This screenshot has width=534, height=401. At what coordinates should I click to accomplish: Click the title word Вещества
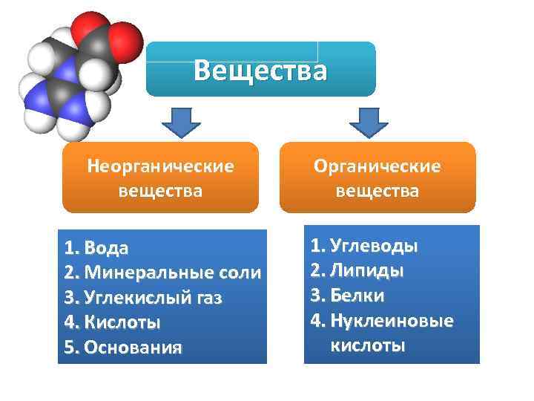coord(260,71)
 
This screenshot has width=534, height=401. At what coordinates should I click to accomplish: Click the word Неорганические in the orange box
coord(160,166)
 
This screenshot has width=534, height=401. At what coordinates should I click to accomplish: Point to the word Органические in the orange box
coord(378,166)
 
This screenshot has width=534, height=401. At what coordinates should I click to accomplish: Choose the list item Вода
coord(106,247)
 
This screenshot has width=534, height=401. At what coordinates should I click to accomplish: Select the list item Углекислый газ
coord(153,298)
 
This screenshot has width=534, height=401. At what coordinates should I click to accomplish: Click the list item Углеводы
coord(374,246)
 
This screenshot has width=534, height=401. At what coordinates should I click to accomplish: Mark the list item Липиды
coord(367,270)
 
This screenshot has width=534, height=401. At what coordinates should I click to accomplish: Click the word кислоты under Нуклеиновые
coord(368,345)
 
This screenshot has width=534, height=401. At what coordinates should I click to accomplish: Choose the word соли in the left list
coord(238,273)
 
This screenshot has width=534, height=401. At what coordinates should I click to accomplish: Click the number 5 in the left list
coord(69,348)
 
